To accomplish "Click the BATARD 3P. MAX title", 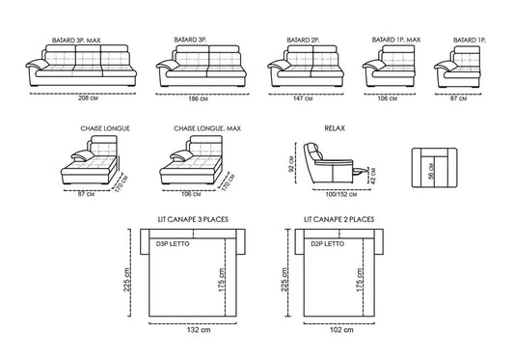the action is pos(76,41).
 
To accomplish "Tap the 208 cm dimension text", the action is pos(88,97).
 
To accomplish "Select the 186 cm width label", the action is pos(198,98).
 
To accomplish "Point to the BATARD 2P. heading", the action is pos(303,40).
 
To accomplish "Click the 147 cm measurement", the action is pos(303,98).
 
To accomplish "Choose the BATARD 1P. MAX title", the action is pos(396,40).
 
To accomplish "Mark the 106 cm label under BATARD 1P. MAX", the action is pos(387,98).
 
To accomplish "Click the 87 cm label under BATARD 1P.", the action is pos(458,98).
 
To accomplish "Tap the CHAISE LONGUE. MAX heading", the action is pos(207,128).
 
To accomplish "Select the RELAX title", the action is pos(335,128).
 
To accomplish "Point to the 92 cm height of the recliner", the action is pos(291,163).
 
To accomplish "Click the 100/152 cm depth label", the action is pos(341,194).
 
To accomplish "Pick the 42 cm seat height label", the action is pos(372,176).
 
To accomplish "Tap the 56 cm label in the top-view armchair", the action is pos(431,171).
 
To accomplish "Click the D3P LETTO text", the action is pos(173,244).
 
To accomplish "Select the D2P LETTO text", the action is pos(328,244).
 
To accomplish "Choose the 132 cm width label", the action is pos(199,329).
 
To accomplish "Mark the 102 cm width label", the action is pos(341,329).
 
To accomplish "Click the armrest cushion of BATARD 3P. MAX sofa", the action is pos(37,64).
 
